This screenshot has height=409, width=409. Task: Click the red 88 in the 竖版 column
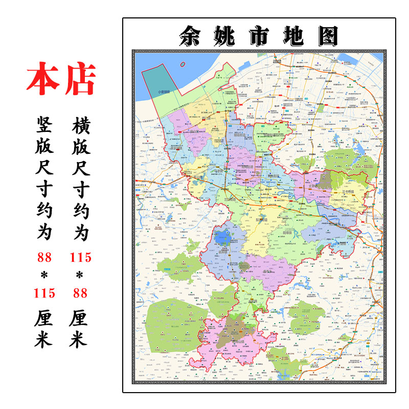44,257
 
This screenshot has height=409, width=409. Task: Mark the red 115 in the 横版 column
80,257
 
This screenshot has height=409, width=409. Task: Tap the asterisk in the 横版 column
80,276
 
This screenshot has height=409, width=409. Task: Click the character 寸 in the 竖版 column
44,190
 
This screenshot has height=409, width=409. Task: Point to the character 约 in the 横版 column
80,211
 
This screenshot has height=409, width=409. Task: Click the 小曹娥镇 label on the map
164,92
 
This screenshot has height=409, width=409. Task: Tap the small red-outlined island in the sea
183,64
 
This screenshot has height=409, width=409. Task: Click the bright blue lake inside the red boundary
222,237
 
